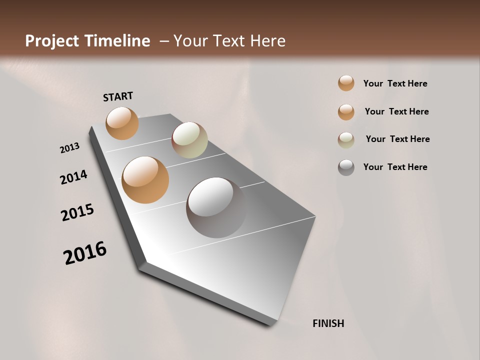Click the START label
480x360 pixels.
point(118,96)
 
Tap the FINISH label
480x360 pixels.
point(328,323)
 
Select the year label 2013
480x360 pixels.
point(69,148)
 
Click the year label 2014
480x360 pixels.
point(73,177)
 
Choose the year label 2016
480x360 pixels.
point(85,253)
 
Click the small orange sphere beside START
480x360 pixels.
point(122,123)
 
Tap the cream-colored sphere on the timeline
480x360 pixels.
point(189,140)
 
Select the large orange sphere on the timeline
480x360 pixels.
point(145,180)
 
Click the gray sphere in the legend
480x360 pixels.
point(346,167)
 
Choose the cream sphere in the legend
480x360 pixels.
point(346,139)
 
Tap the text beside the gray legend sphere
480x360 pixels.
point(395,167)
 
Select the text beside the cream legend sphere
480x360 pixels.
point(397,139)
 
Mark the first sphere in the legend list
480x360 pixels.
point(346,83)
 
